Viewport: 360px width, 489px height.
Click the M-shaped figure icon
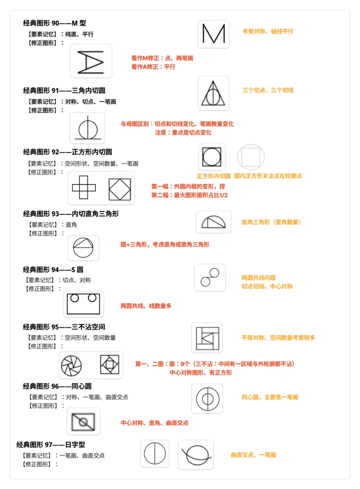tap(213, 34)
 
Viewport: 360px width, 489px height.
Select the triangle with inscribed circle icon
tap(213, 93)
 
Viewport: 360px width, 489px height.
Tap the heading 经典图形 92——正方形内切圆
tap(67, 152)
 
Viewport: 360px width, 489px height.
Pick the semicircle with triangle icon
tap(213, 222)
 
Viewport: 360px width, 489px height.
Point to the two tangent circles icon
tap(210, 277)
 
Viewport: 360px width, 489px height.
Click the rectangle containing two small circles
tap(83, 304)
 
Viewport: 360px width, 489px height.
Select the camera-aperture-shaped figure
tap(72, 365)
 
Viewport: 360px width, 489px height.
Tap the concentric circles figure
tap(207, 398)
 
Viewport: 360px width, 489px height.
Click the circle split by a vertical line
tap(155, 453)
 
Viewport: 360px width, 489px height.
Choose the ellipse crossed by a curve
tap(196, 454)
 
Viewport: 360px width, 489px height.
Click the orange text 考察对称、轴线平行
tap(268, 32)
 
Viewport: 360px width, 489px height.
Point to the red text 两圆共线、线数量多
tap(146, 306)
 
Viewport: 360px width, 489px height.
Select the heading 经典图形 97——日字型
tap(51, 444)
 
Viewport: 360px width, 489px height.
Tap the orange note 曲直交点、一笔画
tap(253, 455)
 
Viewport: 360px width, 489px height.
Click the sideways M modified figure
tap(91, 61)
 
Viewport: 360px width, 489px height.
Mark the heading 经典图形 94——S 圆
tap(53, 270)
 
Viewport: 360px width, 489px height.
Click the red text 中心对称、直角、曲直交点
tap(154, 423)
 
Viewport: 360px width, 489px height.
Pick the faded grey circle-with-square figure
tap(251, 157)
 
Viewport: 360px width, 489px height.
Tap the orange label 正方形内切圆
tap(213, 176)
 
